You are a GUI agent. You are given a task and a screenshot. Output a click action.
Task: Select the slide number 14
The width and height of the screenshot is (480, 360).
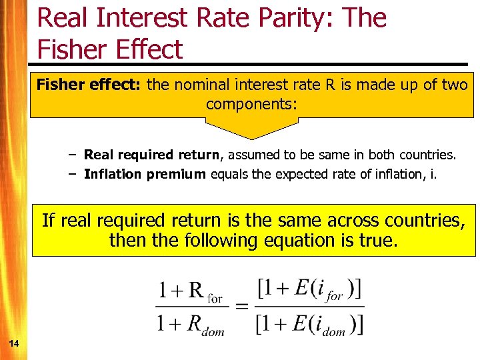click(x=13, y=343)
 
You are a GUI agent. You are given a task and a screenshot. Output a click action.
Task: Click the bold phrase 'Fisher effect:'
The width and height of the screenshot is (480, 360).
click(x=90, y=85)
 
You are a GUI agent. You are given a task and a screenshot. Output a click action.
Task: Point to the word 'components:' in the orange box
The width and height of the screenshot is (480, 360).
click(x=252, y=104)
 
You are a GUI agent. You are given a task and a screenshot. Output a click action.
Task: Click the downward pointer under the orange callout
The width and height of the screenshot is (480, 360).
click(x=252, y=129)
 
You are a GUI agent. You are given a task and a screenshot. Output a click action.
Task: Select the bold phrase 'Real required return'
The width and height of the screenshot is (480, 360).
click(x=151, y=155)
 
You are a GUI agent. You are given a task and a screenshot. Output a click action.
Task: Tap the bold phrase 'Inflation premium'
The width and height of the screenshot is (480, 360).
click(x=145, y=174)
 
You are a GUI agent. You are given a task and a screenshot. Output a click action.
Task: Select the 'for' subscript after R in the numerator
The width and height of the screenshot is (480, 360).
click(x=215, y=299)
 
